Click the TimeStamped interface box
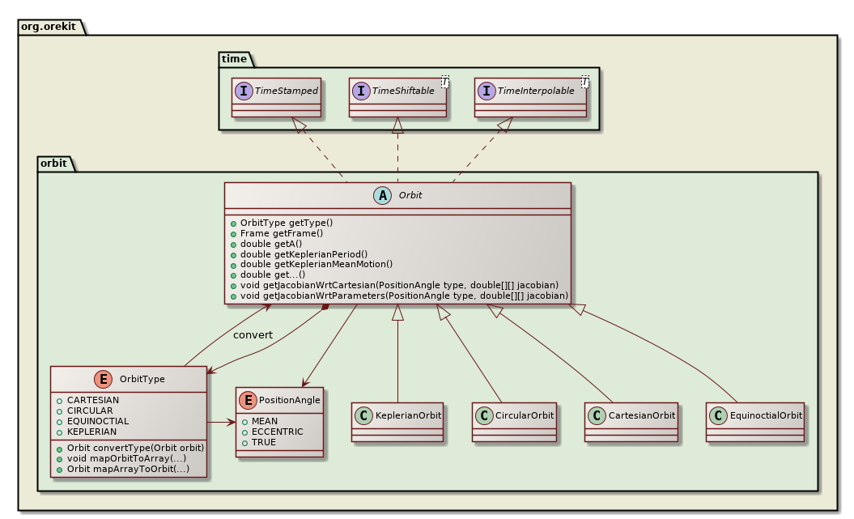click(x=276, y=97)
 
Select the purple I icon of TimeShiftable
click(x=361, y=91)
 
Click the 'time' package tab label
click(x=235, y=59)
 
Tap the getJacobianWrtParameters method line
click(x=404, y=296)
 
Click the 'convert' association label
click(x=253, y=335)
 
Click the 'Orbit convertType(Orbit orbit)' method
click(x=130, y=449)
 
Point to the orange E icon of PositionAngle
click(x=248, y=400)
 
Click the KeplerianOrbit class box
click(x=398, y=421)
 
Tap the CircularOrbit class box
click(x=515, y=421)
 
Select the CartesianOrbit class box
click(x=631, y=421)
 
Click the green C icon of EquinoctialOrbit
click(x=717, y=415)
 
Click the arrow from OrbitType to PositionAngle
click(x=221, y=422)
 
